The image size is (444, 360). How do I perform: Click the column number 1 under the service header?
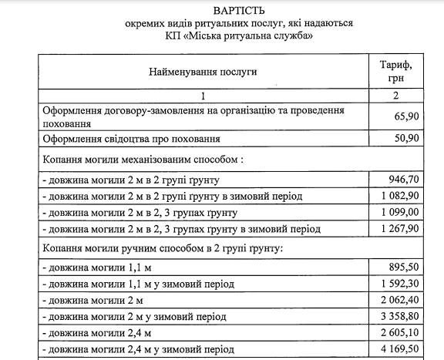click(x=203, y=96)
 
